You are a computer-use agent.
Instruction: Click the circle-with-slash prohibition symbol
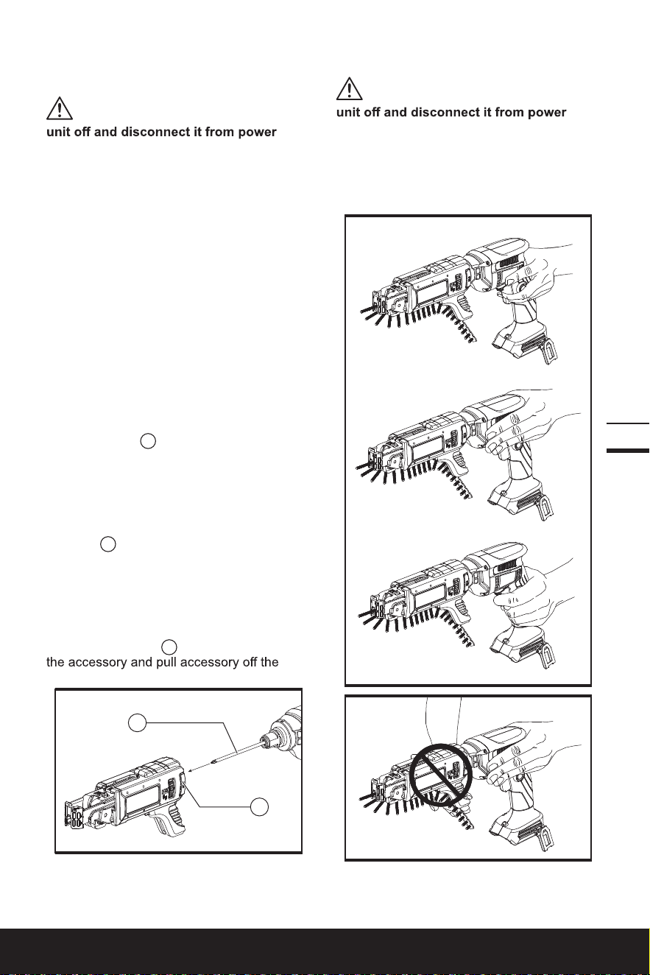pyautogui.click(x=441, y=775)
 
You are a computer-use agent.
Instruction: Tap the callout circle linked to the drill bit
pyautogui.click(x=137, y=723)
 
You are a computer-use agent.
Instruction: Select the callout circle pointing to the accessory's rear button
pyautogui.click(x=259, y=807)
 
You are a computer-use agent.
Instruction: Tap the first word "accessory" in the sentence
pyautogui.click(x=97, y=663)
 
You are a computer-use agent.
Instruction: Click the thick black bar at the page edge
pyautogui.click(x=628, y=451)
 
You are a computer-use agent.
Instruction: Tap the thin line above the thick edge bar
pyautogui.click(x=628, y=423)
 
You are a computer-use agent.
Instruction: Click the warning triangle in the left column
pyautogui.click(x=60, y=108)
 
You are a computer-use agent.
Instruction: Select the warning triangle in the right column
pyautogui.click(x=350, y=88)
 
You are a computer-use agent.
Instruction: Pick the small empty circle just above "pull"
pyautogui.click(x=169, y=647)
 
